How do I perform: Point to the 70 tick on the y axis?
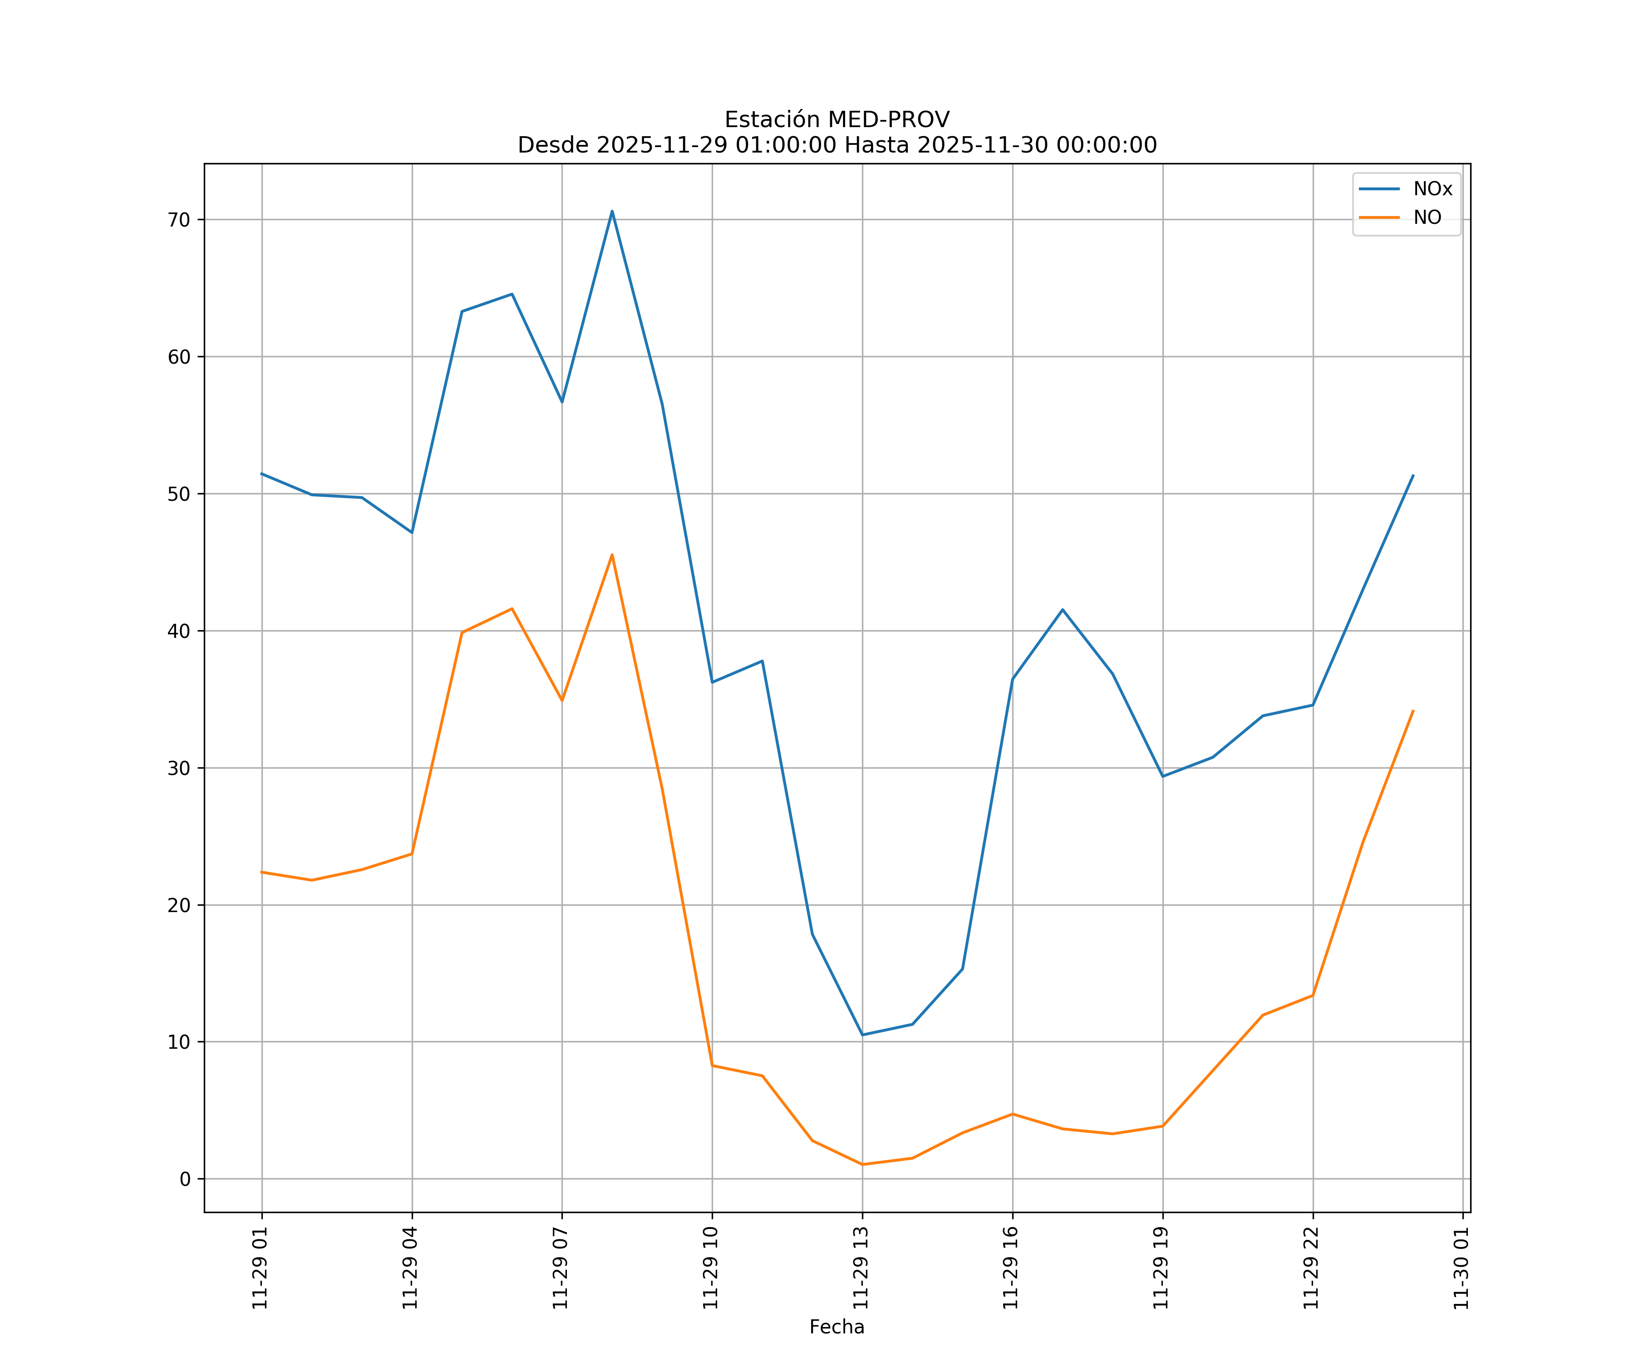pos(179,219)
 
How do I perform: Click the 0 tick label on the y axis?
pos(184,1179)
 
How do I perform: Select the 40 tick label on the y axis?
pos(179,631)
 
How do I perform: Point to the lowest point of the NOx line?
pos(862,1034)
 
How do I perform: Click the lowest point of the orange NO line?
pos(862,1165)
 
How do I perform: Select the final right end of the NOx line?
pos(1413,475)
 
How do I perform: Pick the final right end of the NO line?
pos(1413,711)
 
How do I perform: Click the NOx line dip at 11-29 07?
pos(562,402)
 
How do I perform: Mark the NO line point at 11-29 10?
pos(712,1066)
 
